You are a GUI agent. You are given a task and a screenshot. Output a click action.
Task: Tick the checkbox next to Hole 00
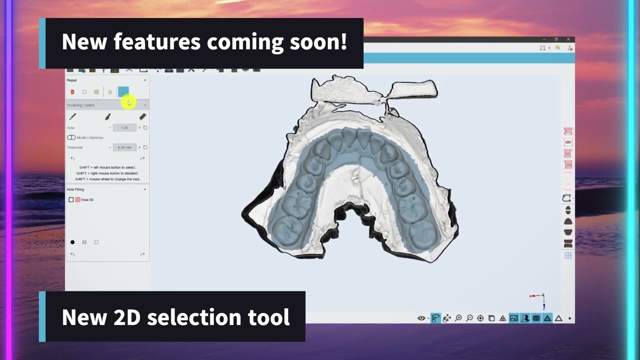coord(71,199)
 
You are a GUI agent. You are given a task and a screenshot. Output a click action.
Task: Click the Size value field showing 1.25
coord(124,127)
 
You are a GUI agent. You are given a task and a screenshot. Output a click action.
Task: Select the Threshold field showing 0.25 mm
coord(124,147)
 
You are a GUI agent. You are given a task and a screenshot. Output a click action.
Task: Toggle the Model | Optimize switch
coord(71,137)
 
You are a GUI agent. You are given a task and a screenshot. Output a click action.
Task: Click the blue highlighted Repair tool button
coord(123,91)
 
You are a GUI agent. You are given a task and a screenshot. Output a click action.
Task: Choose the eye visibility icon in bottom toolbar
coord(421,318)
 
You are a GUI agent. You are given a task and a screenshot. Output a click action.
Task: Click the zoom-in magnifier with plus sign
coord(458,318)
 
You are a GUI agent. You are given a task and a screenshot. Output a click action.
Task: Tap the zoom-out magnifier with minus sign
coord(469,318)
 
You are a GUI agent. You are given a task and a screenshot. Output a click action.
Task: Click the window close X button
coord(568,39)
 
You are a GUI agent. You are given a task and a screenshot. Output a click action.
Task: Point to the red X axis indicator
coord(533,296)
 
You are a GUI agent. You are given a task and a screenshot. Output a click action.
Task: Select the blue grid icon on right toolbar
coord(568,255)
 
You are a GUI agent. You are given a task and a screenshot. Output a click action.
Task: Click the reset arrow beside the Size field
coord(145,127)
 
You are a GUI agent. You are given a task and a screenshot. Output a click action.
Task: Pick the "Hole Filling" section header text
coord(75,189)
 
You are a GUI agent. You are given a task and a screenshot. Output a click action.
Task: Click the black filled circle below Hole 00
coord(72,242)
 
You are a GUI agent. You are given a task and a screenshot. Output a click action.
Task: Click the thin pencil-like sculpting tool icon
coord(72,116)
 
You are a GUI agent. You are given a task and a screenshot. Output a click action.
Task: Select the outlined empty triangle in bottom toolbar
coord(558,318)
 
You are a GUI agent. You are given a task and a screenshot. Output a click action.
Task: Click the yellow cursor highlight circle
coord(128,102)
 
